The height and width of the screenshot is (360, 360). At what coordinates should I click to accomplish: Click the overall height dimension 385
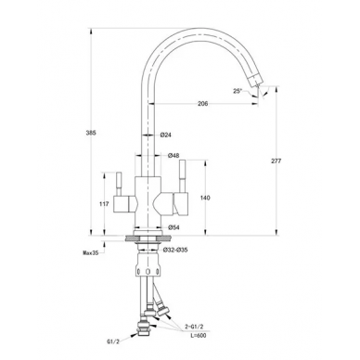click(x=91, y=133)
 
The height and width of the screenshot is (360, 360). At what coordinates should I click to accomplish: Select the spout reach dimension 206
click(x=203, y=104)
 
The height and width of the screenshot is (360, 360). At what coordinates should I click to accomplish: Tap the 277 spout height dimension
click(x=276, y=161)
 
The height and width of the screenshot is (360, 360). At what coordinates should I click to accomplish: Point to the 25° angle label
click(x=238, y=91)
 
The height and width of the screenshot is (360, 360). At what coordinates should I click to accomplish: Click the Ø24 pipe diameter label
click(x=166, y=135)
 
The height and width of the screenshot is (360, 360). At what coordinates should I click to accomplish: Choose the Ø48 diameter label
click(x=174, y=156)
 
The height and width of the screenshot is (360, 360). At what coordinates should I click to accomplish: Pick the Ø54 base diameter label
click(x=174, y=227)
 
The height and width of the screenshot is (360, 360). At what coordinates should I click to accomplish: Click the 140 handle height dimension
click(x=205, y=198)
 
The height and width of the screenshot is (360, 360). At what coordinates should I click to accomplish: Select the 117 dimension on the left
click(x=105, y=204)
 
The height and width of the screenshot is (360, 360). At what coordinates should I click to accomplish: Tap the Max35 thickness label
click(x=91, y=253)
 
